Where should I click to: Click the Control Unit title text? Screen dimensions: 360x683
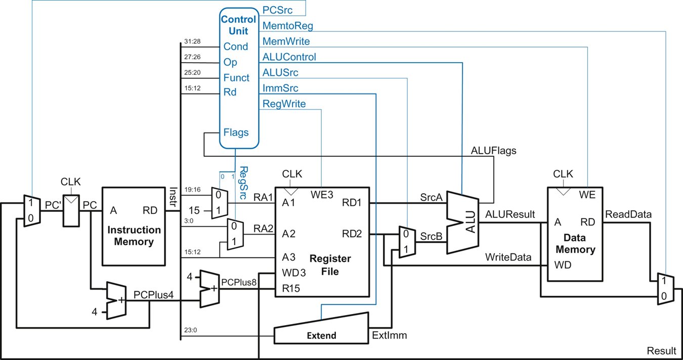pyautogui.click(x=238, y=25)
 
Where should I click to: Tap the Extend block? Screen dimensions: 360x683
pyautogui.click(x=321, y=329)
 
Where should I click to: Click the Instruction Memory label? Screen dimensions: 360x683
pyautogui.click(x=134, y=236)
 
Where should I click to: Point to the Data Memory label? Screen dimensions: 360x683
pyautogui.click(x=576, y=244)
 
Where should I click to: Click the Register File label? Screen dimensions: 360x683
pyautogui.click(x=330, y=265)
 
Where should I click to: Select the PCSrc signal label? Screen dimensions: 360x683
pyautogui.click(x=277, y=10)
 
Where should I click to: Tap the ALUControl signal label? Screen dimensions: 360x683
pyautogui.click(x=289, y=57)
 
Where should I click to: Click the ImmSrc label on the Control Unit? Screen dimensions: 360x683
pyautogui.click(x=280, y=88)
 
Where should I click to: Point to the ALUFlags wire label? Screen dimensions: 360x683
pyautogui.click(x=493, y=150)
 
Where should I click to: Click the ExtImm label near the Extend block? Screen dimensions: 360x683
pyautogui.click(x=389, y=335)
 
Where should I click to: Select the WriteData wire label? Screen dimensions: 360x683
pyautogui.click(x=508, y=257)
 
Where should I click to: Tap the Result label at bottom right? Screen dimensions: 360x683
pyautogui.click(x=661, y=351)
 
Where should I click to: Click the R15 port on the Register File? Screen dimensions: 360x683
pyautogui.click(x=291, y=289)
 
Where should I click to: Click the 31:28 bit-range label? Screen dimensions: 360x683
pyautogui.click(x=193, y=41)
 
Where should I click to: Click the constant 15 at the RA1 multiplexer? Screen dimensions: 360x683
pyautogui.click(x=195, y=210)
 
